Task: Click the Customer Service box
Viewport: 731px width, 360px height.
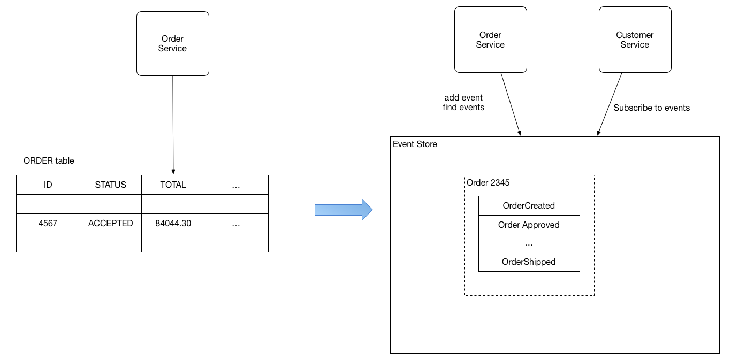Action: pyautogui.click(x=635, y=40)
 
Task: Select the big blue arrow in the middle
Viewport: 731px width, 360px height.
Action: pyautogui.click(x=344, y=210)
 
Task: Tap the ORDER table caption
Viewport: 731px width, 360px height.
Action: pyautogui.click(x=49, y=161)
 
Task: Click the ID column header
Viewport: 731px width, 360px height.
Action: pyautogui.click(x=48, y=185)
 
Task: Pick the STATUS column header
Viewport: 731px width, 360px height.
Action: pyautogui.click(x=110, y=185)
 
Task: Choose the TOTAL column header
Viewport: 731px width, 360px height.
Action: pyautogui.click(x=173, y=185)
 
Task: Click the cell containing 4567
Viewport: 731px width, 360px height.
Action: pyautogui.click(x=48, y=224)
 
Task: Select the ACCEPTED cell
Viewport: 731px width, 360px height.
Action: pyautogui.click(x=110, y=224)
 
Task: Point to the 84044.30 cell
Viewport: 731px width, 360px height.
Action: pyautogui.click(x=173, y=224)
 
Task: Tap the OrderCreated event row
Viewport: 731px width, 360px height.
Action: pyautogui.click(x=529, y=206)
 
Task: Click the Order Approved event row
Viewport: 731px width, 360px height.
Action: pyautogui.click(x=529, y=225)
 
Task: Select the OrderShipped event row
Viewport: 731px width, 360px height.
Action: pyautogui.click(x=529, y=262)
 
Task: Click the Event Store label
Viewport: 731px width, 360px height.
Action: pyautogui.click(x=415, y=144)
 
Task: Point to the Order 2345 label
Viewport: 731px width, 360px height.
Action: pyautogui.click(x=488, y=182)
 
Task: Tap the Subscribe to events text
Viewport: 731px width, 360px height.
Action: pyautogui.click(x=651, y=108)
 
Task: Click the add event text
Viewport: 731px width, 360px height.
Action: pyautogui.click(x=463, y=97)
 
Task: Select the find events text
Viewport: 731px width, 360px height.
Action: pyautogui.click(x=463, y=108)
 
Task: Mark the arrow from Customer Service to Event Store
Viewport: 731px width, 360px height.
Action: pyautogui.click(x=610, y=104)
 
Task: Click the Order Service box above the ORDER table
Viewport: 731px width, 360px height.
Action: pyautogui.click(x=173, y=44)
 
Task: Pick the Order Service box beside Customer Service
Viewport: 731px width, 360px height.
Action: pyautogui.click(x=491, y=40)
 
